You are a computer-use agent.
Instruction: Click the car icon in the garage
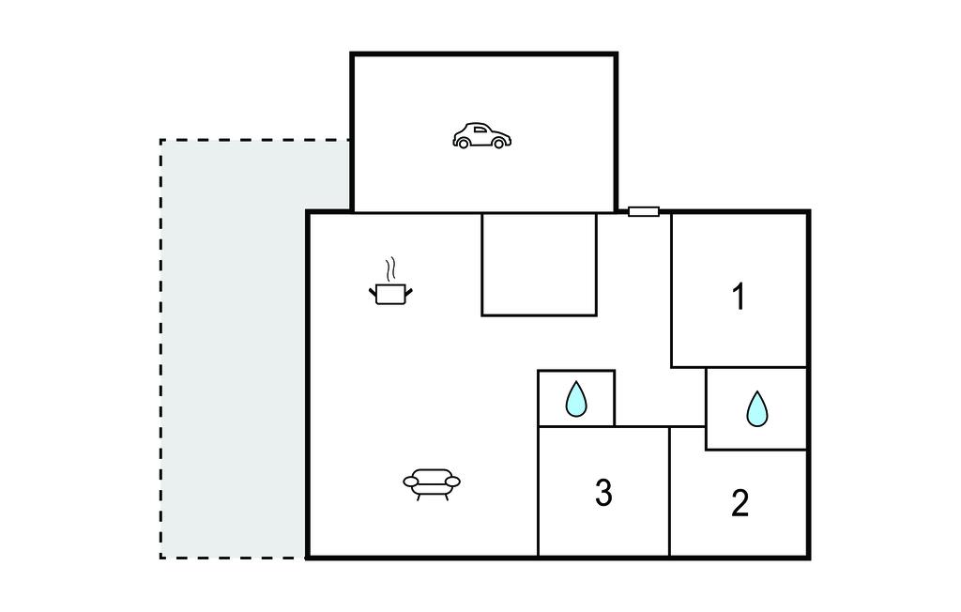(x=481, y=136)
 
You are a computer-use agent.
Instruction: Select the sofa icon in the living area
(x=432, y=484)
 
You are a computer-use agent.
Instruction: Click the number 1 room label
(x=740, y=297)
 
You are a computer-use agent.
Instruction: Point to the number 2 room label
(x=740, y=503)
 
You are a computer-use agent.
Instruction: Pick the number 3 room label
(x=603, y=493)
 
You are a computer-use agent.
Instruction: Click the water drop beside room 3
(x=576, y=399)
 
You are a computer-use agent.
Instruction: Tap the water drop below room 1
(x=757, y=409)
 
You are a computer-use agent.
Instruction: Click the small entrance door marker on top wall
(x=644, y=211)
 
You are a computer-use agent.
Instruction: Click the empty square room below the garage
(x=539, y=265)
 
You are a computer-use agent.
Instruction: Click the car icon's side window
(x=480, y=130)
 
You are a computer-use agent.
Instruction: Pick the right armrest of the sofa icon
(x=452, y=482)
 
